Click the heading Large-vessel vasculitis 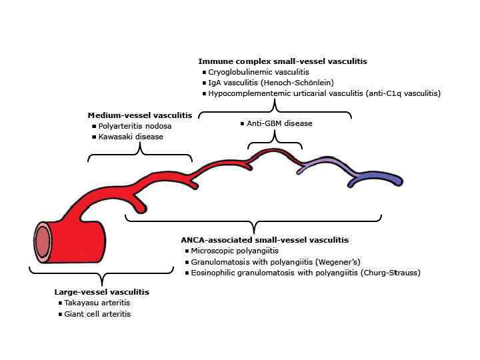point(101,292)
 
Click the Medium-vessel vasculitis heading point(140,115)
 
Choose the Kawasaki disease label point(131,137)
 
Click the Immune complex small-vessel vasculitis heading point(283,61)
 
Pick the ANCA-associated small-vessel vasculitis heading point(265,240)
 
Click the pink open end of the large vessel point(43,240)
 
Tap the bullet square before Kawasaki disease point(93,137)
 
